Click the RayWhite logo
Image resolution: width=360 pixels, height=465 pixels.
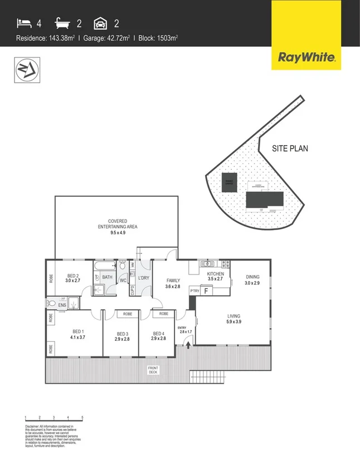pos(306,56)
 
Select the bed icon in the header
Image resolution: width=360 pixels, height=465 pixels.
pos(24,23)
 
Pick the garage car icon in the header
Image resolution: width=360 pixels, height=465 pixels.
pos(101,23)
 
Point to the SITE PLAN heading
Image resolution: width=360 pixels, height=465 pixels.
pos(290,149)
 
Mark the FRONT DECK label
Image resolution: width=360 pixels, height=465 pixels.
pos(153,370)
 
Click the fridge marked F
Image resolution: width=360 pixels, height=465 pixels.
pos(207,291)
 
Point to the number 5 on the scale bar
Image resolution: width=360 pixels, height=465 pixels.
pos(82,418)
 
